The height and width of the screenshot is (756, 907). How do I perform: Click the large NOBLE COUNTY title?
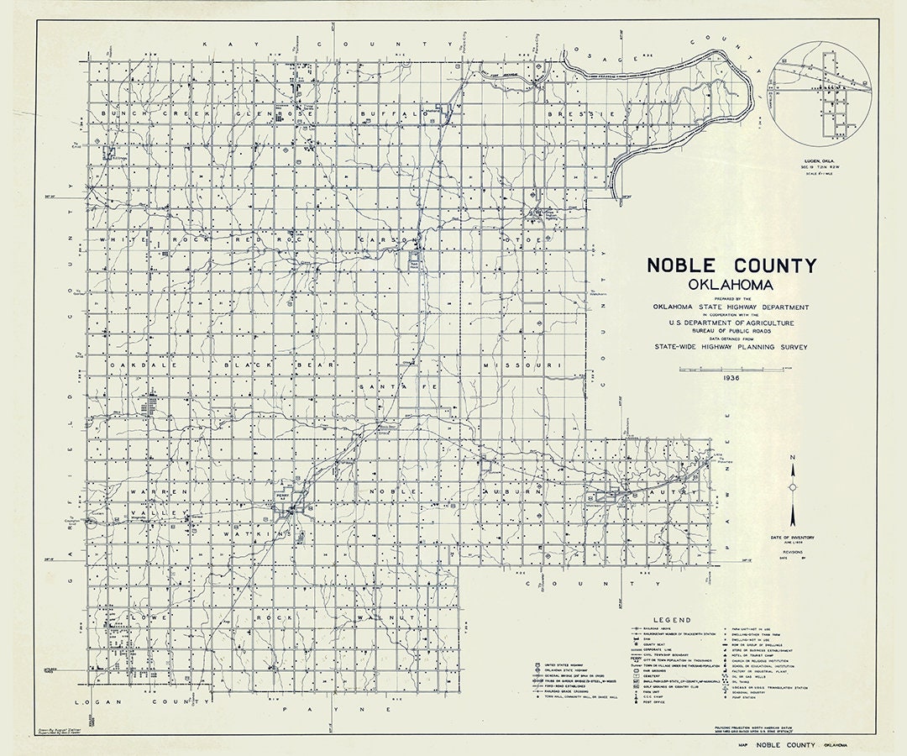point(731,266)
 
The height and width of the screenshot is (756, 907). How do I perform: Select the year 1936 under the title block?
point(731,379)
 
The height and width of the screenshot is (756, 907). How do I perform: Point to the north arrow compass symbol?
point(792,487)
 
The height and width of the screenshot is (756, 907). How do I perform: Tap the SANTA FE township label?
point(387,386)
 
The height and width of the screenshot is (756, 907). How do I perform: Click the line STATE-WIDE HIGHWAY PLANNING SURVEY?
point(731,345)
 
